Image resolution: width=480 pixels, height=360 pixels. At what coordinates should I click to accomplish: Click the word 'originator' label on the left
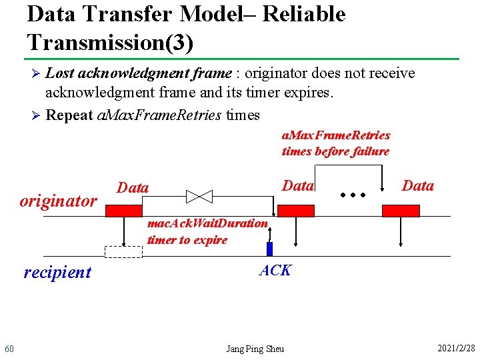tap(58, 201)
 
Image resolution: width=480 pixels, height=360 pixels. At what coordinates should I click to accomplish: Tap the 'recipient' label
tap(57, 272)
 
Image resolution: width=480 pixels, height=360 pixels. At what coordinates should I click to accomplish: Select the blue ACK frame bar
tap(270, 249)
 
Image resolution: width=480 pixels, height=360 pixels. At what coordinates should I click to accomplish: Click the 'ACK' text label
tap(275, 270)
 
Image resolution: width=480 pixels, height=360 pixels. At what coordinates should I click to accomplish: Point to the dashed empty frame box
tap(123, 252)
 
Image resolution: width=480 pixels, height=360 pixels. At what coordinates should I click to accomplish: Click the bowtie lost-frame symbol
tap(199, 196)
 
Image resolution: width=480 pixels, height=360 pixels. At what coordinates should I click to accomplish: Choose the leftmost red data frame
tap(124, 211)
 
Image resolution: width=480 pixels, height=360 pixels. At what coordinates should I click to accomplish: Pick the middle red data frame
tap(295, 211)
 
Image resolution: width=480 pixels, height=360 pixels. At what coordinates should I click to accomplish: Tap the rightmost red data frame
tap(401, 211)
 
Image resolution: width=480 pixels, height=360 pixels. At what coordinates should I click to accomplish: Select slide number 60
tap(9, 349)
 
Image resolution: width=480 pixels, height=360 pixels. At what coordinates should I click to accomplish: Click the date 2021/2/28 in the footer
tap(456, 349)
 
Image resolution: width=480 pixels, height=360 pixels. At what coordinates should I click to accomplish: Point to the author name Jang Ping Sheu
tap(255, 349)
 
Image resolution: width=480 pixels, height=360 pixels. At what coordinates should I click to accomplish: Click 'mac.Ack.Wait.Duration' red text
tap(207, 223)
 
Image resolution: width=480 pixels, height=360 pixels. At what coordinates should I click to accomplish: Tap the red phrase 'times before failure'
tap(335, 151)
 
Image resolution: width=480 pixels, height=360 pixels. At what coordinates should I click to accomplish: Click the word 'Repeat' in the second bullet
tap(69, 115)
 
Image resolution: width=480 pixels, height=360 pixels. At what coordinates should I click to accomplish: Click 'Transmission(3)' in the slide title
tap(111, 43)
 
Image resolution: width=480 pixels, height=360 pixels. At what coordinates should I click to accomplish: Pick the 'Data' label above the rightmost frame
tap(418, 185)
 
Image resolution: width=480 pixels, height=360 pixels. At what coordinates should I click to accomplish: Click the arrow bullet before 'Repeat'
tap(37, 115)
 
